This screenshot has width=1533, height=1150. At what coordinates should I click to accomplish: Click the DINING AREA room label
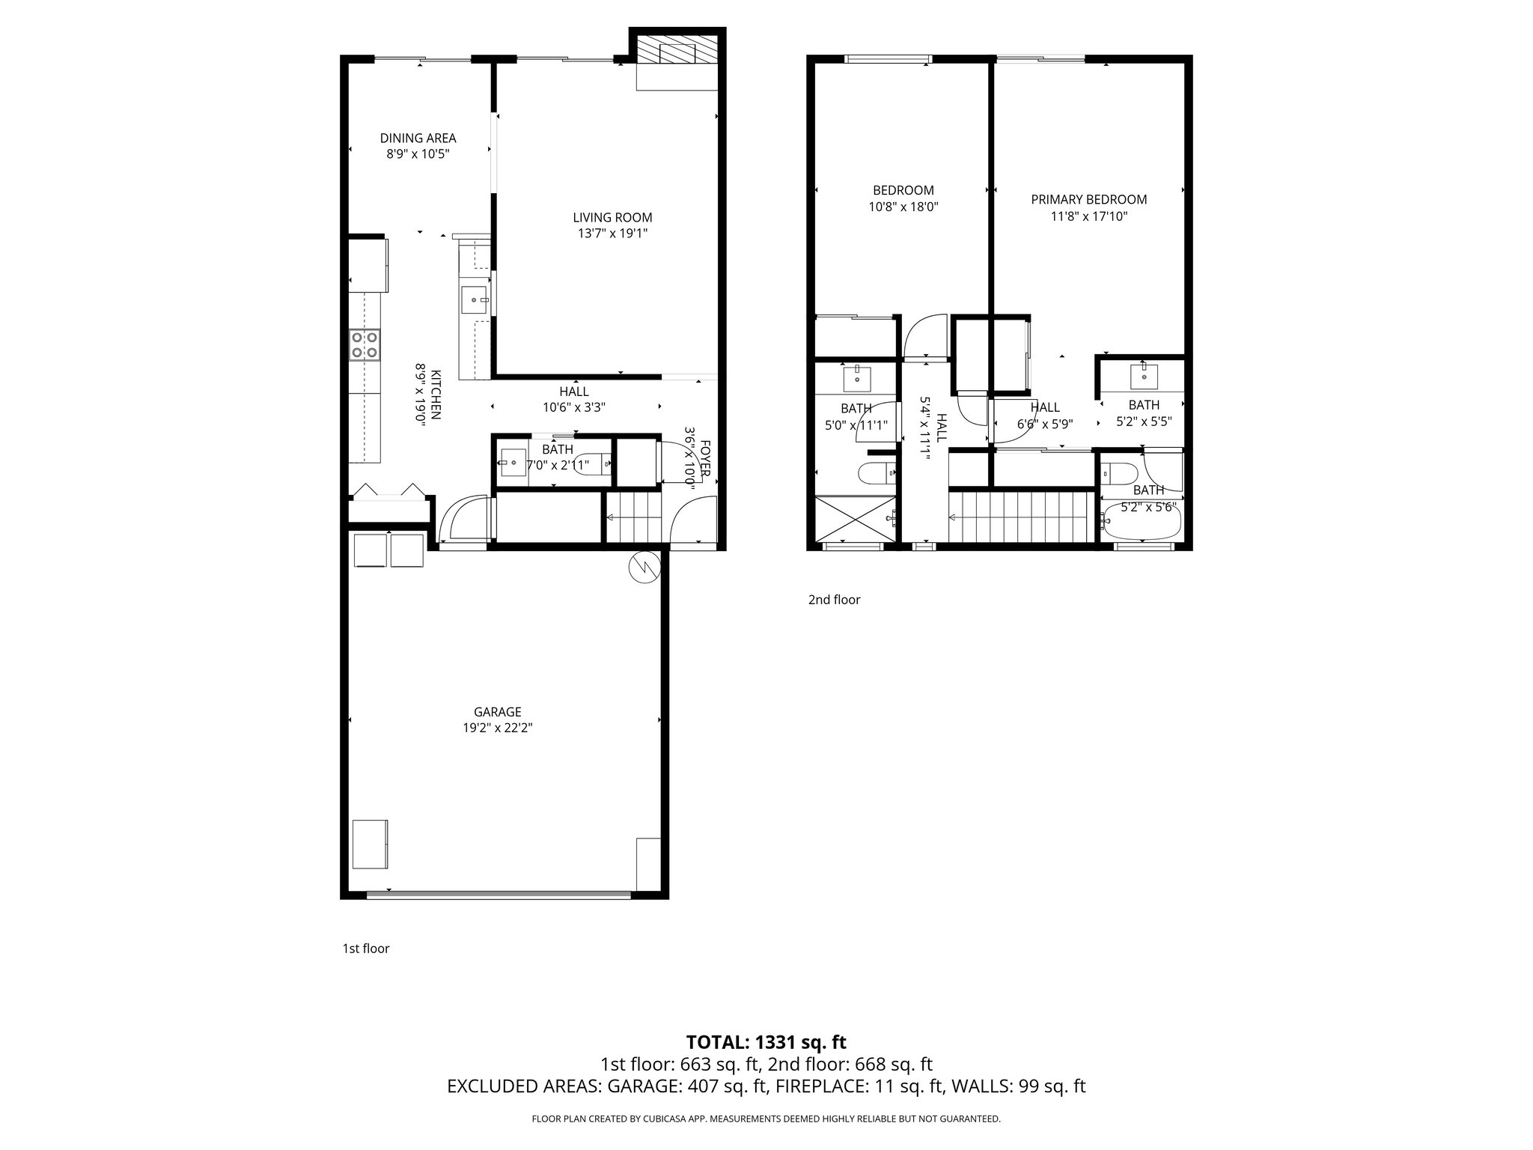(418, 138)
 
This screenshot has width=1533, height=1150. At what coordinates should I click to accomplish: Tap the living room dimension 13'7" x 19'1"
(612, 234)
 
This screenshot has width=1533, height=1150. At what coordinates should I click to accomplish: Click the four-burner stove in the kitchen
(365, 345)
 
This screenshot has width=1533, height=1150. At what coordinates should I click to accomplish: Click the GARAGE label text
(497, 712)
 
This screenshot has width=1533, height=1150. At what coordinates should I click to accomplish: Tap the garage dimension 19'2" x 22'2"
(497, 728)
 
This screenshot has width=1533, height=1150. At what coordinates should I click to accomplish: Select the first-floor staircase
(633, 517)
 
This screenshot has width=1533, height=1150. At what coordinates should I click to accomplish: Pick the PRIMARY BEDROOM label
(1088, 199)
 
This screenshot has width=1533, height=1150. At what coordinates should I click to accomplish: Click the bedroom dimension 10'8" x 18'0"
(903, 207)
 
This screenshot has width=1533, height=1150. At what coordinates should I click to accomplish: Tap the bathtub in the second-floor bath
(1140, 521)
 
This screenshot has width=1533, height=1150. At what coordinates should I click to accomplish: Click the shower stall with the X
(854, 518)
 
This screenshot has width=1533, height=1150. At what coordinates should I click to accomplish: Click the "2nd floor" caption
(834, 600)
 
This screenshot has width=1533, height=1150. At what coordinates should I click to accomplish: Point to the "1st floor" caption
(366, 949)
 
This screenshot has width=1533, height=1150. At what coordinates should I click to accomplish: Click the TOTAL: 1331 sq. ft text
(766, 1042)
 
